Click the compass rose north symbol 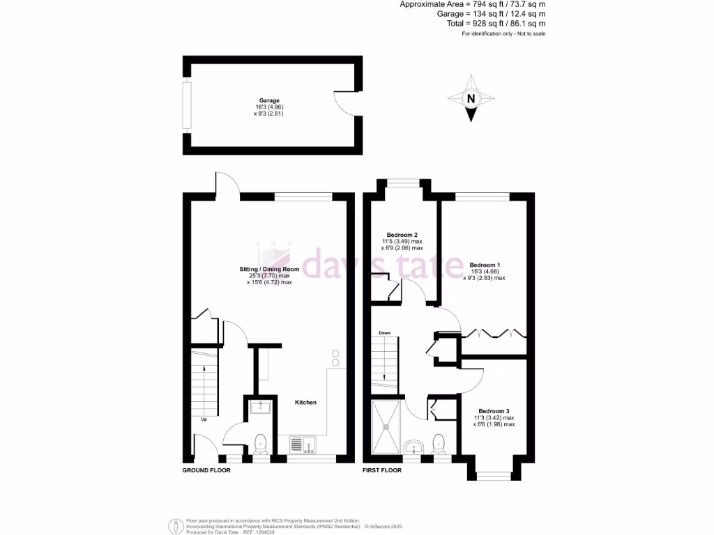coord(471,98)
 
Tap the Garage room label coord(268,100)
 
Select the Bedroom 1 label coord(485,265)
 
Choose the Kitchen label coord(305,403)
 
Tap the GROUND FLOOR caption coord(206,470)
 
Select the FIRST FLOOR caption coord(382,470)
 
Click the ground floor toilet coord(261,442)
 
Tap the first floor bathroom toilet coord(439,442)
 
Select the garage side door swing coord(344,103)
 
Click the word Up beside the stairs coord(204,419)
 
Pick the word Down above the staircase coord(384,334)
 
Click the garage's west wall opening coord(186,105)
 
